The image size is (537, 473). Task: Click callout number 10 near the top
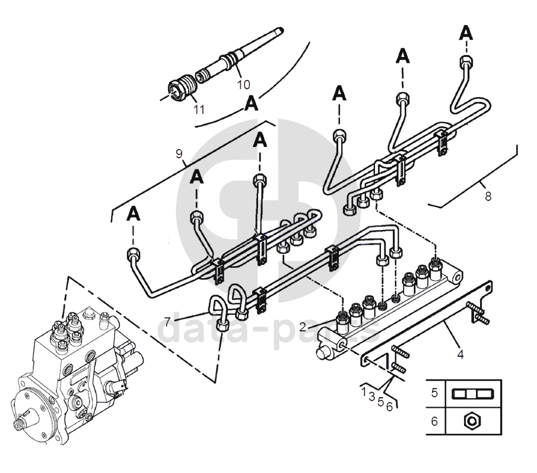point(244,84)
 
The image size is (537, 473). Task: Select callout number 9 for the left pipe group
point(179,154)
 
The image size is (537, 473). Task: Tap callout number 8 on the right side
point(488,196)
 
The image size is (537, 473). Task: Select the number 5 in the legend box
point(434,392)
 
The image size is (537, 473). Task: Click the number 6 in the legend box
point(434,421)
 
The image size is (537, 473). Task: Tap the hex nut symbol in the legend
point(473,421)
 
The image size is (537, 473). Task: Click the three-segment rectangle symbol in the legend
point(473,393)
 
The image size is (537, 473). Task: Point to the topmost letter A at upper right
point(467,33)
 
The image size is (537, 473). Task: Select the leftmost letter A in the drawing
point(133,213)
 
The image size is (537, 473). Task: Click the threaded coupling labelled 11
point(180,89)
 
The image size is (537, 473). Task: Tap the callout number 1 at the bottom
point(364,392)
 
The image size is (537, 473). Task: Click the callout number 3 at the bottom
point(372,397)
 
